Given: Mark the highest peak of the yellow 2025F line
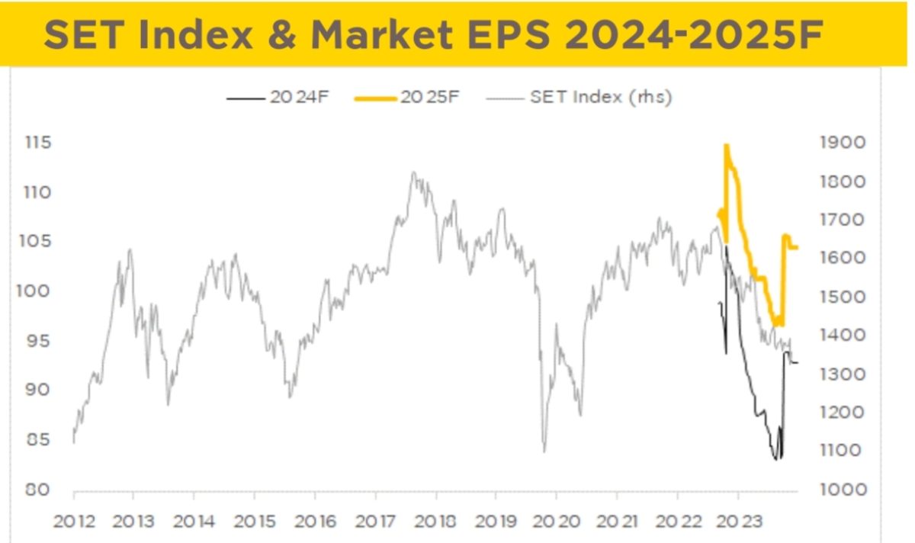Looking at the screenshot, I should coord(726,145).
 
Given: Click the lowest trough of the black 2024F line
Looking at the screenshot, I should coord(775,459).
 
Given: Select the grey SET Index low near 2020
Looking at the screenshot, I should coord(544,451).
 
